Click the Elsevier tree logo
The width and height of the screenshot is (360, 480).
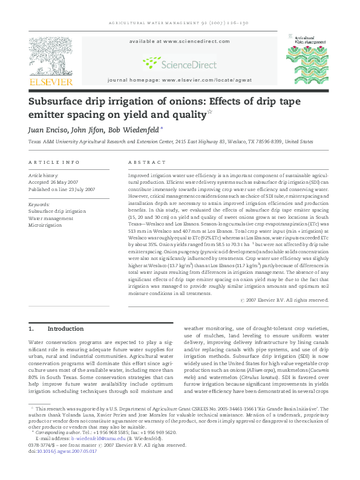(53, 56)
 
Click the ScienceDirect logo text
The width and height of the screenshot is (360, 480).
(179, 62)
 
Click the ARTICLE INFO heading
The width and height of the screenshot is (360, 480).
(54, 163)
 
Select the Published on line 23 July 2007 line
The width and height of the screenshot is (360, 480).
(62, 189)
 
